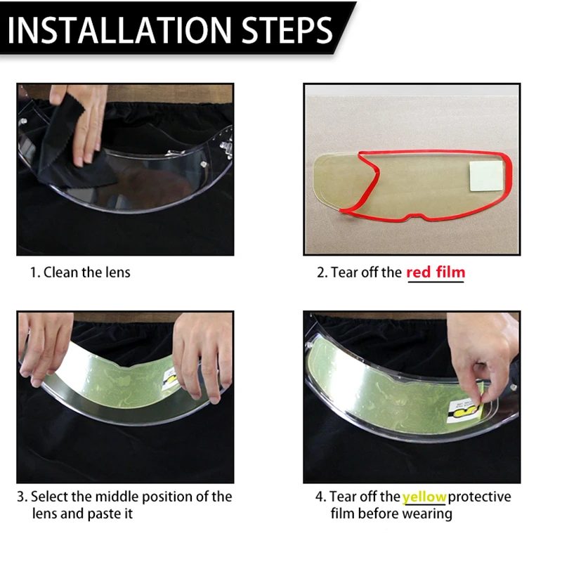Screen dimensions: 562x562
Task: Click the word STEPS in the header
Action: pyautogui.click(x=287, y=30)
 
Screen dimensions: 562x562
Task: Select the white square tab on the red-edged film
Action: pyautogui.click(x=486, y=176)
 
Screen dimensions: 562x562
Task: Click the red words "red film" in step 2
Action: pyautogui.click(x=436, y=273)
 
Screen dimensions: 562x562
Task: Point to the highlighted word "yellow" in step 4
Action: pyautogui.click(x=424, y=497)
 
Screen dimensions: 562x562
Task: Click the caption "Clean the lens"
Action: pyautogui.click(x=86, y=273)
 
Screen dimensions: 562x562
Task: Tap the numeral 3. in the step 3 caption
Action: pyautogui.click(x=22, y=497)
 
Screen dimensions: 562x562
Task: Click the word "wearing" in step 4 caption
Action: pyautogui.click(x=427, y=514)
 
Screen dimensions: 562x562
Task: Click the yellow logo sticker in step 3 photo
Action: pyautogui.click(x=170, y=379)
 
